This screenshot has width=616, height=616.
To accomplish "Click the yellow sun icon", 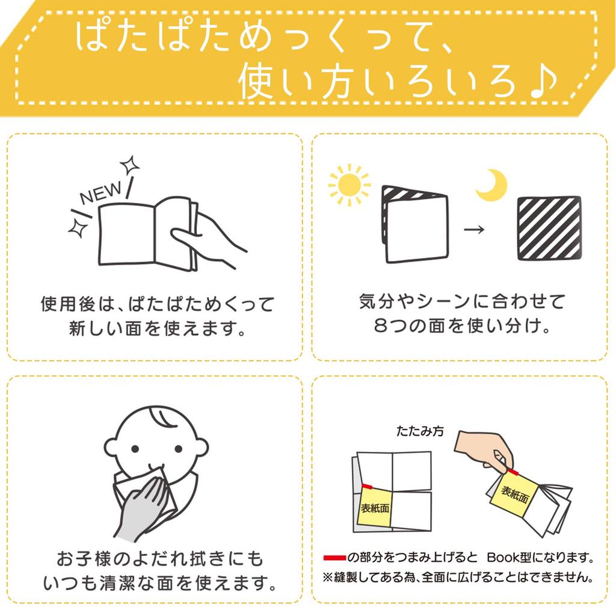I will [x=348, y=185].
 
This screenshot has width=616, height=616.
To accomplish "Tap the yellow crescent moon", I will [x=491, y=185].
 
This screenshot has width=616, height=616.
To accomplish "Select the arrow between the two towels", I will [x=474, y=230].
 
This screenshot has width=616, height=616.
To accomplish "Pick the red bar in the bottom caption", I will [x=334, y=556].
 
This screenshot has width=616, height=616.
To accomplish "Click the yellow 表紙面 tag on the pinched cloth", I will [x=515, y=494].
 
